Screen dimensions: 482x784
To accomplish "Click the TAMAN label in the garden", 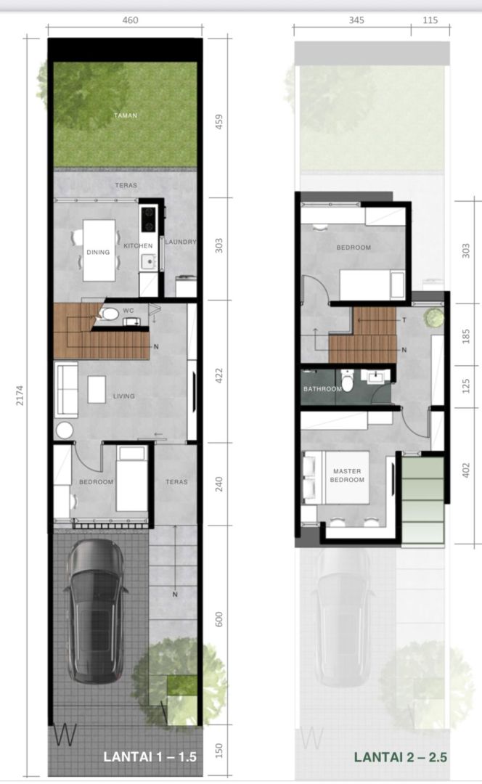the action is click(x=126, y=115).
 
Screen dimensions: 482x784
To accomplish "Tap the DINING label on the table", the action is click(x=98, y=253).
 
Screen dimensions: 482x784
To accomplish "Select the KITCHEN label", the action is click(x=139, y=246).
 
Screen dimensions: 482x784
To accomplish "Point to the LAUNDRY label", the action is click(x=181, y=242).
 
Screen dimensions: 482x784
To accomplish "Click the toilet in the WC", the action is click(x=109, y=314).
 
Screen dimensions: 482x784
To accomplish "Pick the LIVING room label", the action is click(x=124, y=396).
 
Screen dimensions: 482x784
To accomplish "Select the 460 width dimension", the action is click(x=130, y=20).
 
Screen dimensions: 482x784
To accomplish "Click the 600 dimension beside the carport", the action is click(x=218, y=619).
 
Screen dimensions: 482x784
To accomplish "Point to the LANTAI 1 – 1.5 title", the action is click(x=150, y=756).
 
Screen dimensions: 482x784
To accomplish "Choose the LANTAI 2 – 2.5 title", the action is click(x=401, y=757).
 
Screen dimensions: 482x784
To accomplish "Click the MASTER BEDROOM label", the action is click(x=348, y=475).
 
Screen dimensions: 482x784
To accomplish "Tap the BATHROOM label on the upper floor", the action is click(x=322, y=389).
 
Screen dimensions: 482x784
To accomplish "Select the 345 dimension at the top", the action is click(x=356, y=20).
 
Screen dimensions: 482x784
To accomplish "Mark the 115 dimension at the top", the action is click(x=430, y=20).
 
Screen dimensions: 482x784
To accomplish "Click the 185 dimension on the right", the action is click(x=466, y=335).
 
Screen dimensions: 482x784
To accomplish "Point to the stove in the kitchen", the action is click(x=148, y=220).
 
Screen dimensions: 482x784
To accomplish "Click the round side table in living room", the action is click(x=65, y=430).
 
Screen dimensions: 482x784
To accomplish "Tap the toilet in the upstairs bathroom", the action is click(x=348, y=382).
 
